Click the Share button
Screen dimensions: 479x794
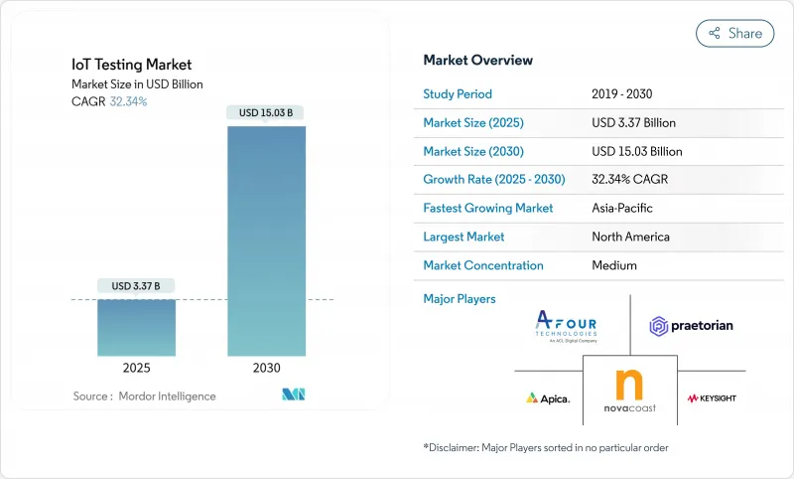(x=734, y=33)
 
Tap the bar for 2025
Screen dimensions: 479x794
(x=136, y=327)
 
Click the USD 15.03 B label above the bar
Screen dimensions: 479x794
(x=266, y=113)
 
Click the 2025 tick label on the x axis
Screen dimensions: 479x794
(x=136, y=368)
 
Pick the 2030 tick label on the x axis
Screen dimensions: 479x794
(x=266, y=368)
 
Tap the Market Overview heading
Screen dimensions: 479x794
(x=477, y=61)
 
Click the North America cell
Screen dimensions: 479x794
(x=630, y=237)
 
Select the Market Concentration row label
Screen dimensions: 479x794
(x=483, y=265)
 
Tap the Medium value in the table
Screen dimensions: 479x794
(x=613, y=265)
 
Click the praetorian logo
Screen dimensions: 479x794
(x=692, y=325)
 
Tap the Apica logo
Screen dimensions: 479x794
(x=548, y=398)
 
